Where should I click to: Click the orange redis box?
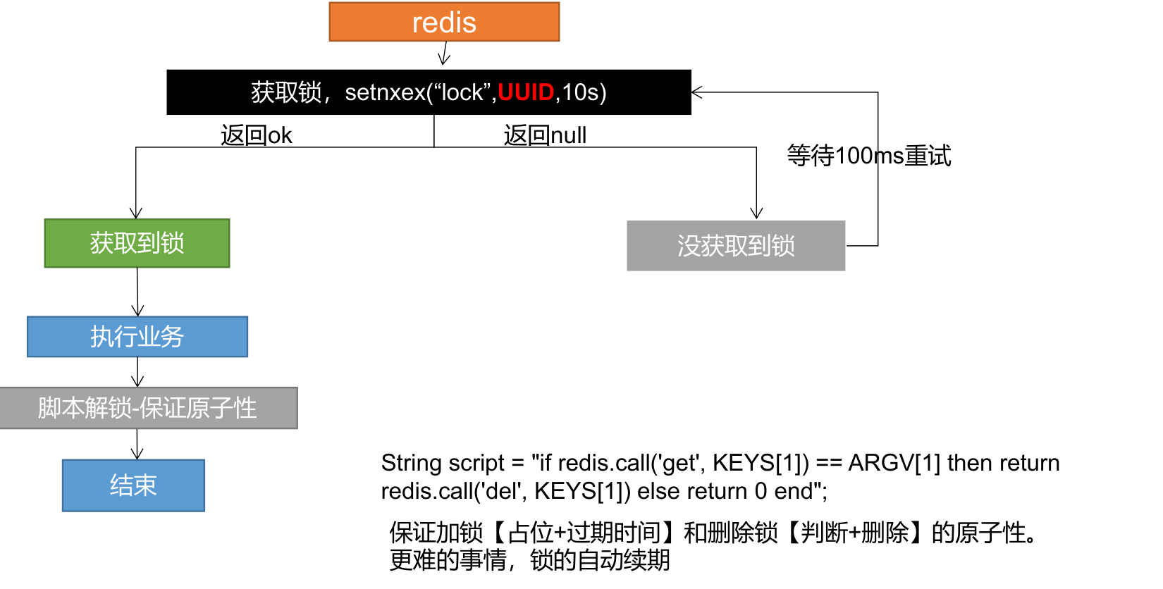[x=444, y=22]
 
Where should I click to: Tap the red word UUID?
[x=526, y=92]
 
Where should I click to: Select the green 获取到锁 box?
[x=137, y=243]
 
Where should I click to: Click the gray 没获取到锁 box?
[x=735, y=246]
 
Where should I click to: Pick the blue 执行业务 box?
[x=137, y=337]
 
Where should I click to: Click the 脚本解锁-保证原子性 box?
[x=147, y=408]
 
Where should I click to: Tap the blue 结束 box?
[x=133, y=485]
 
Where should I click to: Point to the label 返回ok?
[x=256, y=135]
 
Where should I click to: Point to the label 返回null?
[x=545, y=135]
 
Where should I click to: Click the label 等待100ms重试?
[x=868, y=156]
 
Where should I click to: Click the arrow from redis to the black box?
[x=444, y=54]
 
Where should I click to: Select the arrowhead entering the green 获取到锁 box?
[x=136, y=213]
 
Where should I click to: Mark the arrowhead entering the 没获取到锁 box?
[x=756, y=213]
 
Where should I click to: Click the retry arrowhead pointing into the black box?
[x=697, y=92]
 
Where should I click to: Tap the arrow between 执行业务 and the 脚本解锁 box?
[x=137, y=372]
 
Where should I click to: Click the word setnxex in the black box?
[x=385, y=92]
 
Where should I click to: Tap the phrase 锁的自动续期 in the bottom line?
[x=600, y=560]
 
